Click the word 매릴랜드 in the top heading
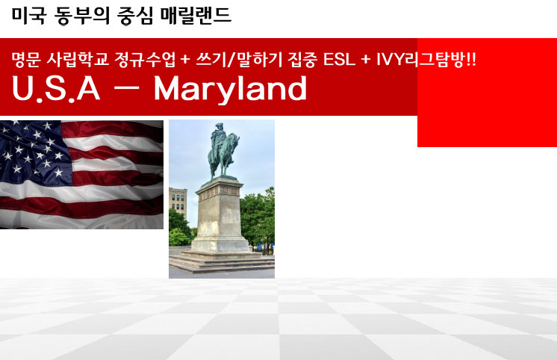point(196,16)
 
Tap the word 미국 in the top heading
point(29,16)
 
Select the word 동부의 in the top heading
point(82,16)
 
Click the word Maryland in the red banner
point(230,88)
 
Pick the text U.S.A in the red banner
point(56,88)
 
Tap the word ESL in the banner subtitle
point(339,59)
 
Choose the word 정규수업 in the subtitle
point(145,59)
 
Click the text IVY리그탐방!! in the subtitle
point(426,59)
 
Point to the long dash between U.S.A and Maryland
point(126,89)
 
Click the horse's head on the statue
point(234,140)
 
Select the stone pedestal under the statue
point(220,214)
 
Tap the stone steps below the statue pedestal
point(222,262)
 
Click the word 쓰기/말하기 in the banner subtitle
point(239,59)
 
